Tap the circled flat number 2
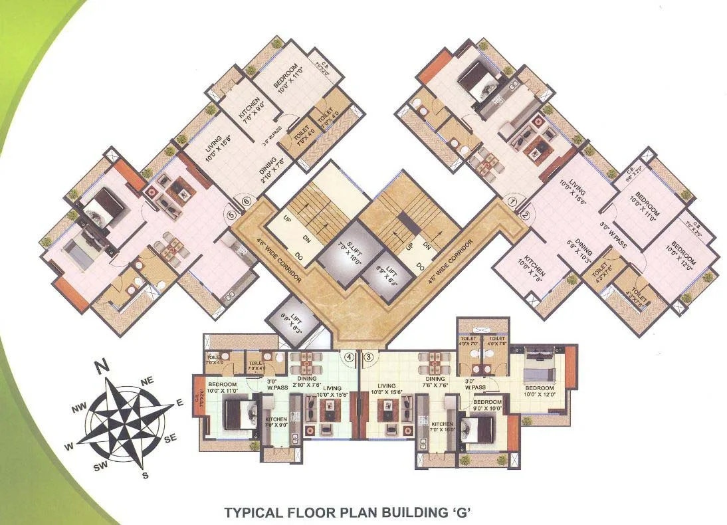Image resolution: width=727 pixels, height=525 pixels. click(524, 214)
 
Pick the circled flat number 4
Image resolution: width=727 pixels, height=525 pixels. click(348, 357)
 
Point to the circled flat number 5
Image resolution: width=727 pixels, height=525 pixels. click(232, 215)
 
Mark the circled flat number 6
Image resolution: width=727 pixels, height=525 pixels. click(247, 201)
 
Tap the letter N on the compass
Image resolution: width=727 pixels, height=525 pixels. click(101, 365)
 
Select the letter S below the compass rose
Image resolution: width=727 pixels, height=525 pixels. click(146, 474)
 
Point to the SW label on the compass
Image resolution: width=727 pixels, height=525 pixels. click(101, 467)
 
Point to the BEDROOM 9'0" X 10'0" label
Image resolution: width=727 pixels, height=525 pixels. click(487, 406)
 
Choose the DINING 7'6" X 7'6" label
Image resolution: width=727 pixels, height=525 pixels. click(435, 381)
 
